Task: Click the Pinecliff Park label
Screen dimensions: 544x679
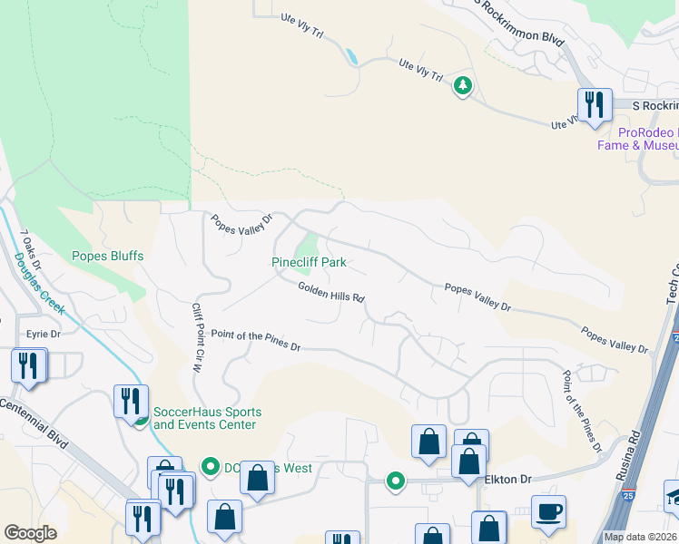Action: coord(310,263)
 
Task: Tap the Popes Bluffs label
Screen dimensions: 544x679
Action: coord(108,257)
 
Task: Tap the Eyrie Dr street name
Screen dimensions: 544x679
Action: coord(43,335)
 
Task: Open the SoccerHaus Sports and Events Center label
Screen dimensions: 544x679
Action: coord(204,418)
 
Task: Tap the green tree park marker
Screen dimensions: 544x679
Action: coord(463,86)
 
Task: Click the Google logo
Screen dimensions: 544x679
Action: coord(30,533)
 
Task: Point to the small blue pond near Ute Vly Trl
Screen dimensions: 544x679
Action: coord(351,57)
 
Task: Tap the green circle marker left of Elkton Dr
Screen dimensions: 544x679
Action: coord(395,481)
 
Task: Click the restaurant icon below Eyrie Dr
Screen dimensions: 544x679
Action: coord(28,365)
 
